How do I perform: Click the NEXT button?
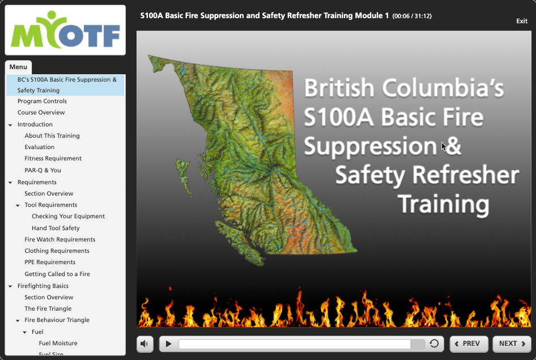512,344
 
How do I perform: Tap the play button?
168,344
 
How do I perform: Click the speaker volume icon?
144,344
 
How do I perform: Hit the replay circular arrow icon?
434,343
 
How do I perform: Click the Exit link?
522,21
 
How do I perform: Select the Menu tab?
18,67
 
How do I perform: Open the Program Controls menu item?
42,101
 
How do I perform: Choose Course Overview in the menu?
41,112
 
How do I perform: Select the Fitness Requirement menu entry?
53,158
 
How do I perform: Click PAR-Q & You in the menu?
42,170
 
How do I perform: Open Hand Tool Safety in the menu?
56,228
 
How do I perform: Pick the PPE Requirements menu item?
50,262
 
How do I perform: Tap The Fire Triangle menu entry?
48,309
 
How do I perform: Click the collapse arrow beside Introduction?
10,125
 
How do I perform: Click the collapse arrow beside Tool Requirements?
18,205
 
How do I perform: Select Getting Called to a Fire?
57,274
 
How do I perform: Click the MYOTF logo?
65,30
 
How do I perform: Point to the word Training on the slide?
444,204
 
